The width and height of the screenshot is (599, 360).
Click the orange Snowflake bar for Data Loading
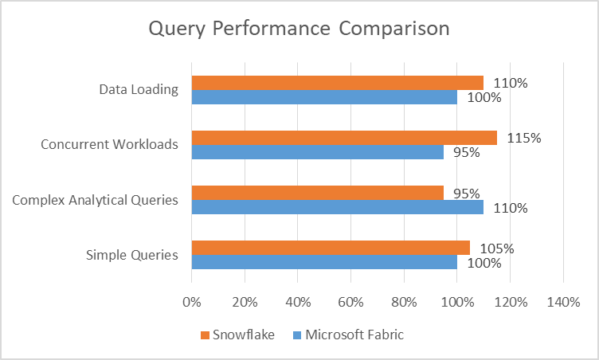pos(337,83)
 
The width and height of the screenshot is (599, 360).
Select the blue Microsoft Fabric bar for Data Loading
pos(324,97)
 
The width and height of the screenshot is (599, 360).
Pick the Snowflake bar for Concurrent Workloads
pos(344,138)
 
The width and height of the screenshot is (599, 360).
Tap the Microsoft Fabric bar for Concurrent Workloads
pos(318,152)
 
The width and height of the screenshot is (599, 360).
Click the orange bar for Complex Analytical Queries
pos(318,193)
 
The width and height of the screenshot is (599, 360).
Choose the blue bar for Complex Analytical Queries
pos(337,207)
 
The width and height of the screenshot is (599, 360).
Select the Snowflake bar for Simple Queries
pos(331,248)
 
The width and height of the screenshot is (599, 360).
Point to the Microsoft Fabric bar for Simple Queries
pos(324,262)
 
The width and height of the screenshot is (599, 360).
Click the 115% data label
pos(524,138)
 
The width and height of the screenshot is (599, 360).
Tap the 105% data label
pos(497,248)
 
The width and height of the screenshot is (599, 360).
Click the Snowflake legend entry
pos(237,335)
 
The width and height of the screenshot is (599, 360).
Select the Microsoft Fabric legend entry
pos(348,335)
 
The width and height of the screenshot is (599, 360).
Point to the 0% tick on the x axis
pos(192,303)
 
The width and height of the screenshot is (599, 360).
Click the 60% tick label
pos(350,303)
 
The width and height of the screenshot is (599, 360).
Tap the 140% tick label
pos(563,303)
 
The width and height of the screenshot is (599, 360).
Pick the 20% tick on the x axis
pos(245,303)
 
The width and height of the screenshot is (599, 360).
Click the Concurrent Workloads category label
pos(109,144)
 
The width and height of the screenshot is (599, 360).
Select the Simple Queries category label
pos(132,255)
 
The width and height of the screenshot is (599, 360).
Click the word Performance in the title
pos(272,29)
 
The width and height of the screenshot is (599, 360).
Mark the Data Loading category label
pos(139,90)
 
